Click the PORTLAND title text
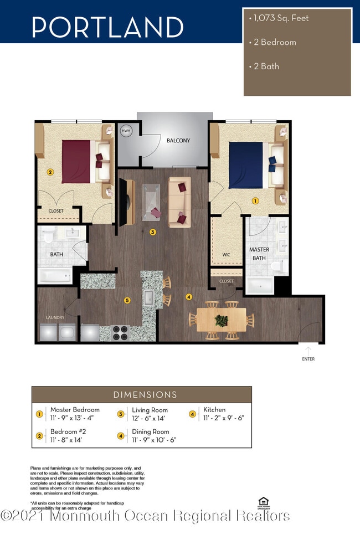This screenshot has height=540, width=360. point(107,27)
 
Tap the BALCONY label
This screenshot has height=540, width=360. point(178,141)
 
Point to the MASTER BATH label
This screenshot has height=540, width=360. point(259,254)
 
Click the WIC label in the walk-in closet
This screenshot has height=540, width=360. point(226,255)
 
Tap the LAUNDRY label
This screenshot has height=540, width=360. point(55,317)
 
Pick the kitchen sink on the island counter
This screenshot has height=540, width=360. point(149,298)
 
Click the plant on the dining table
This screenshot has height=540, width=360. point(222,320)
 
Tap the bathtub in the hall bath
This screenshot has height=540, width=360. point(55,275)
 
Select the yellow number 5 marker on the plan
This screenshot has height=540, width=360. point(127,301)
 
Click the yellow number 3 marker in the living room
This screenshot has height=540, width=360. point(153,233)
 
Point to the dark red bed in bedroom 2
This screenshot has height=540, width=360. point(76,161)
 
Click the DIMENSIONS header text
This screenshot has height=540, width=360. point(145,395)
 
